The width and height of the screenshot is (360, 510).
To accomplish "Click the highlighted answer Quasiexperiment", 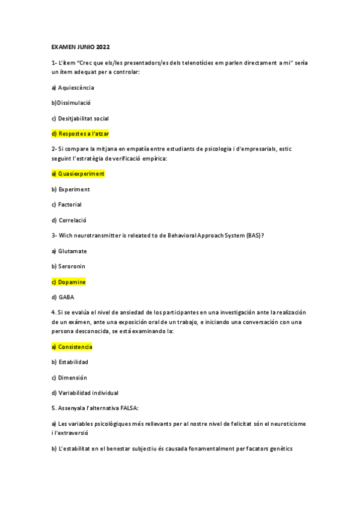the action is point(78,174).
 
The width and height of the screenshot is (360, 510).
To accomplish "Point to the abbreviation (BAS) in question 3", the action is point(253,235).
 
